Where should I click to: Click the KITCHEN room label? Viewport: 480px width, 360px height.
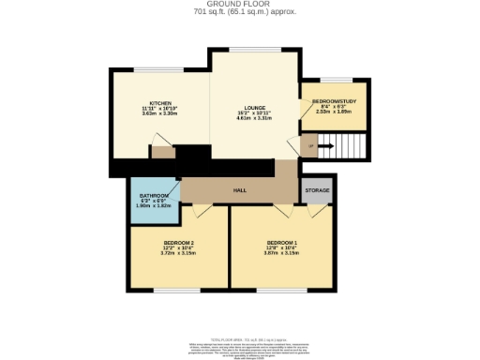(159, 103)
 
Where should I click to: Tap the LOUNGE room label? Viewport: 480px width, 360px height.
(252, 108)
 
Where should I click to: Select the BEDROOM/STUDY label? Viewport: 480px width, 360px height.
(334, 100)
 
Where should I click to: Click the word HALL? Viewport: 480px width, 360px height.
(239, 189)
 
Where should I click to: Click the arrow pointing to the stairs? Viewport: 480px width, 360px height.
(325, 145)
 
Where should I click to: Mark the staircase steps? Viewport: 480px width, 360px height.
(353, 145)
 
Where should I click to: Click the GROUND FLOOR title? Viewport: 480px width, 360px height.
(239, 4)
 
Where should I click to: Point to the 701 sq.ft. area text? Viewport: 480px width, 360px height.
(239, 12)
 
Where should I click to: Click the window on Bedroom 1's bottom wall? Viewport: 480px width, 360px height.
(277, 290)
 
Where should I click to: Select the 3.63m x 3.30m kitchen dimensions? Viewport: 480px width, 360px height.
(159, 114)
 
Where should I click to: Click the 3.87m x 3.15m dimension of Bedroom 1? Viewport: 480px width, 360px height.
(281, 253)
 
